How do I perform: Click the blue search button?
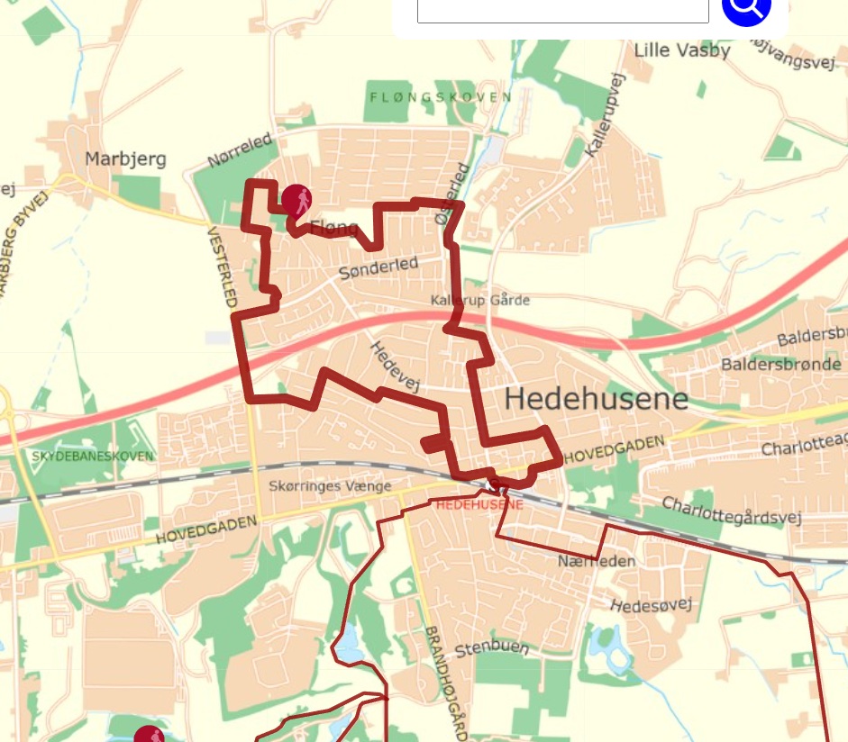(x=746, y=7)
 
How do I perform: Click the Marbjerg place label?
(x=125, y=159)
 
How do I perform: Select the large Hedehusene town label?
(x=596, y=399)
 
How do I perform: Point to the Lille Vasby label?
(x=682, y=50)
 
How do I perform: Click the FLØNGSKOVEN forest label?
(x=441, y=97)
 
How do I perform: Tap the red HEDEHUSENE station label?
(x=479, y=505)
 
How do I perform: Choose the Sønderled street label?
(x=378, y=267)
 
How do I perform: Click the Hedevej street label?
(x=396, y=366)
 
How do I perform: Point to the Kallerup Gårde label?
(x=480, y=300)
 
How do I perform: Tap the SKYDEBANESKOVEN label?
(x=92, y=457)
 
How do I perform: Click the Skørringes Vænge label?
(x=331, y=486)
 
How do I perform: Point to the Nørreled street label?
(x=239, y=150)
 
